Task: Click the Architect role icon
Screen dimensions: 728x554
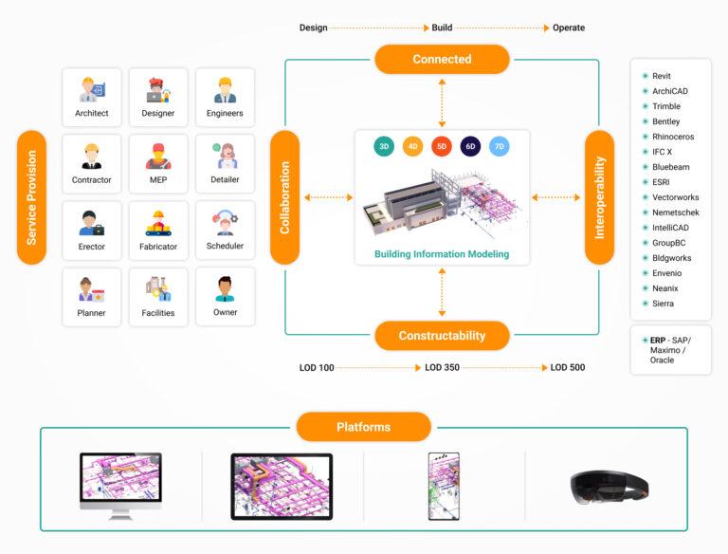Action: [x=92, y=90]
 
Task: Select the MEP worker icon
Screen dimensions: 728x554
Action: [x=158, y=157]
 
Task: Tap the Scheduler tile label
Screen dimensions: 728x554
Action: [x=225, y=246]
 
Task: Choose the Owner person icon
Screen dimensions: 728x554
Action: [x=226, y=289]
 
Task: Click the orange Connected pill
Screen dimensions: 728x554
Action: [x=442, y=59]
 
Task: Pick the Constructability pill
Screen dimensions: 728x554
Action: [x=442, y=336]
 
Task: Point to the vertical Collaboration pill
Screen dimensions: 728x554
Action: [x=284, y=197]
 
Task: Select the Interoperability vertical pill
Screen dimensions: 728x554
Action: [x=599, y=197]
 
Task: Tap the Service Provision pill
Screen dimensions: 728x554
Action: [x=31, y=197]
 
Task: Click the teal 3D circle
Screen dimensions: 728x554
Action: [x=384, y=146]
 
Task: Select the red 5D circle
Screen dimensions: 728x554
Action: [x=442, y=146]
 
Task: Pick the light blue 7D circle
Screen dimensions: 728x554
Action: [x=500, y=146]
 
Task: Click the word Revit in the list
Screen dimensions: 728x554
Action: [x=661, y=76]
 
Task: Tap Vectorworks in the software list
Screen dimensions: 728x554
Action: [x=676, y=197]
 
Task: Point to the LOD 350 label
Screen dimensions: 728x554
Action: [x=442, y=367]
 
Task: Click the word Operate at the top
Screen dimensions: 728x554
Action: [x=569, y=28]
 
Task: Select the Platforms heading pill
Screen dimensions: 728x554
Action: [x=364, y=427]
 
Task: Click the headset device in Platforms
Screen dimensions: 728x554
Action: [x=610, y=488]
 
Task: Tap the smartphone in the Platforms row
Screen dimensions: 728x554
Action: [x=444, y=486]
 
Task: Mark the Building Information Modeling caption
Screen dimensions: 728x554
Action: [x=442, y=254]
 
